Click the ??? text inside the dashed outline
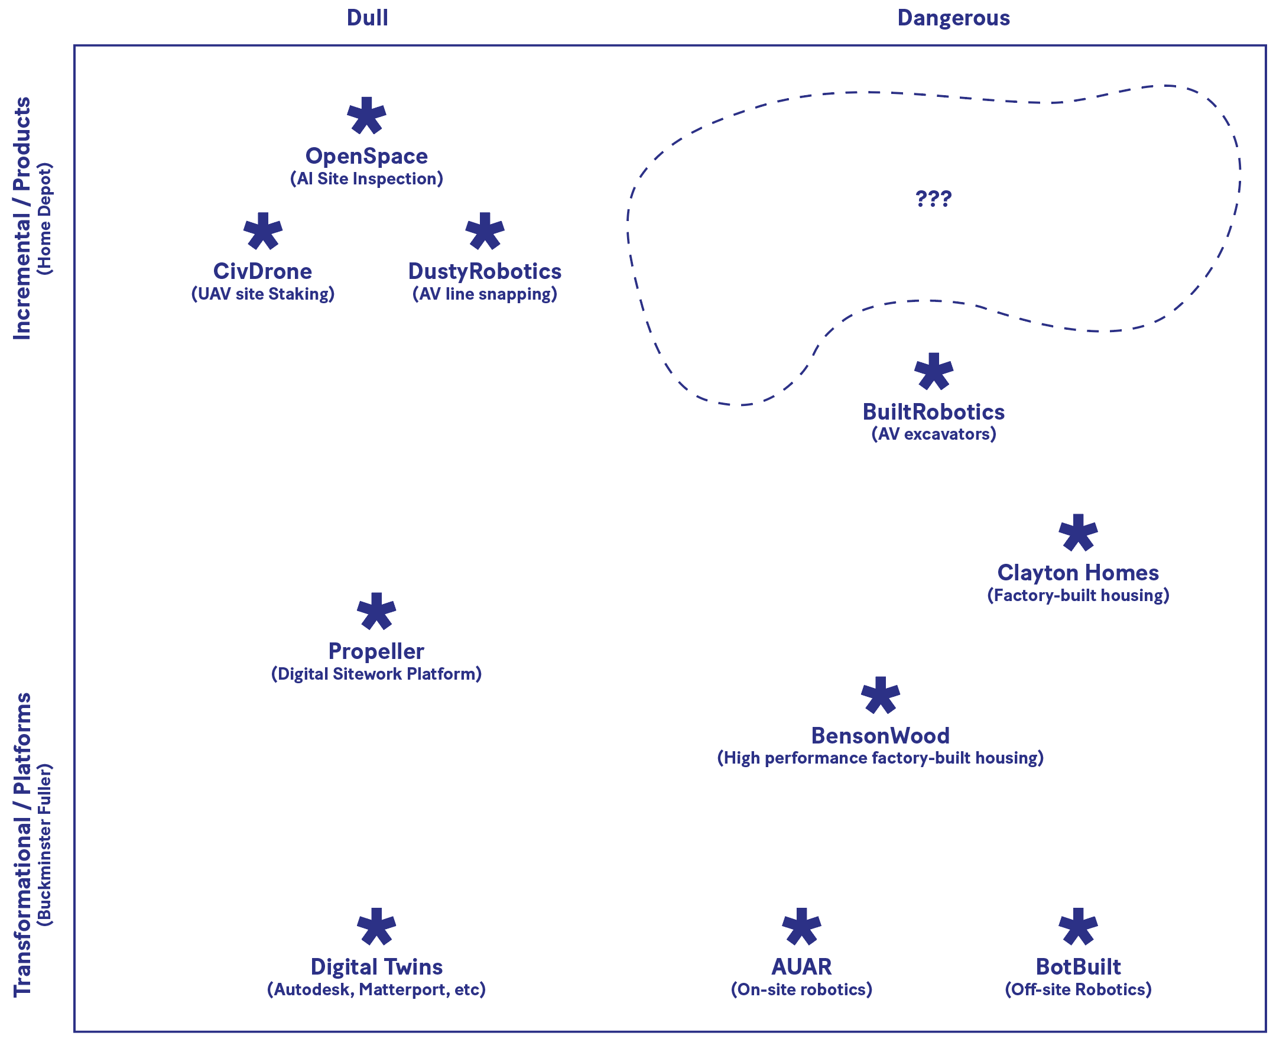(x=933, y=198)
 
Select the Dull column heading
(x=368, y=18)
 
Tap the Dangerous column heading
(x=953, y=18)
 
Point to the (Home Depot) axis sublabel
(x=45, y=219)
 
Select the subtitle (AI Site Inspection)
(x=366, y=179)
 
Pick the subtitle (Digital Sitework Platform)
(x=376, y=674)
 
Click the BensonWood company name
(x=881, y=736)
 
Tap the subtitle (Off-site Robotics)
(x=1078, y=990)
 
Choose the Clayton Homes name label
(x=1078, y=573)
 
